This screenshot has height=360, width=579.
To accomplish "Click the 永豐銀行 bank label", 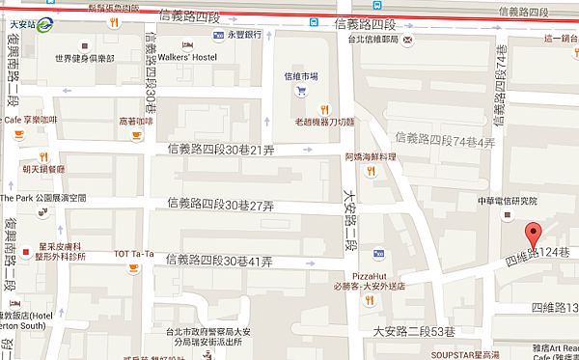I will (245, 34).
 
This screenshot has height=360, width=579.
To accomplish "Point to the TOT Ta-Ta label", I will (134, 254).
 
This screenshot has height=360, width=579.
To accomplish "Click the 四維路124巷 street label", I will (538, 255).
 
